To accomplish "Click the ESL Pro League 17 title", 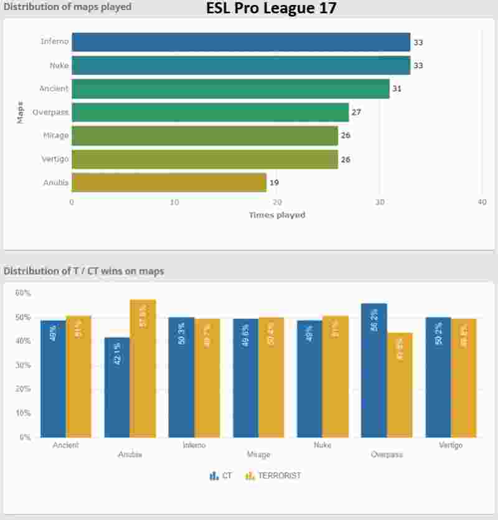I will pos(271,9).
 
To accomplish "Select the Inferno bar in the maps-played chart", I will pos(241,42).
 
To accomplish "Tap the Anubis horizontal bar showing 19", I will pos(169,182).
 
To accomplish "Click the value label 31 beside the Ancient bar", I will pos(397,89).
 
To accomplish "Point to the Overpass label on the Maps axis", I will pos(50,112).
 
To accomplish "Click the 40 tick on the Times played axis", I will pos(482,202).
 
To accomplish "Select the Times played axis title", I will pos(277,215).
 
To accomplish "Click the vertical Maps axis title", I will pos(21,112).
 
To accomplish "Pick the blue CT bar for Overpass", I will pos(374,370).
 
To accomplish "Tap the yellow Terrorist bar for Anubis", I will pos(143,368).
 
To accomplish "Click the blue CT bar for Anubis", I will pos(117,387).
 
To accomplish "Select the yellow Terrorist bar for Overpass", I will pos(399,385).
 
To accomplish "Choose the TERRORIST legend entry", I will pos(273,476).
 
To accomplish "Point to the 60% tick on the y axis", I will pos(23,293).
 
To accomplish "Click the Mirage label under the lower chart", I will pos(258,455).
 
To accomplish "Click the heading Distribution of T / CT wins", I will pos(84,271).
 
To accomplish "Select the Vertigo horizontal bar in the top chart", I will pos(205,159).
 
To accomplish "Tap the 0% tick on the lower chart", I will pos(25,437).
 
